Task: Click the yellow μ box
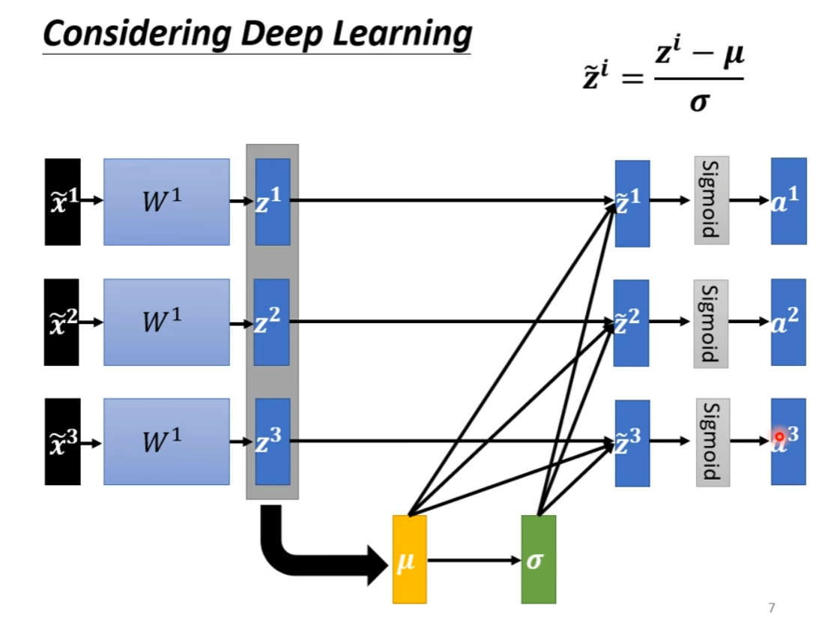(409, 559)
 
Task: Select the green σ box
(538, 559)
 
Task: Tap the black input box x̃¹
(62, 202)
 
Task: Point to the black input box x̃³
(62, 442)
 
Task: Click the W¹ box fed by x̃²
(166, 322)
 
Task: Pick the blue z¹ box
(272, 202)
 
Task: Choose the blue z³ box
(272, 442)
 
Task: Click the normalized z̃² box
(631, 322)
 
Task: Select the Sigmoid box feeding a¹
(711, 200)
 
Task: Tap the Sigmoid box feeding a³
(713, 442)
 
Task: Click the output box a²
(788, 322)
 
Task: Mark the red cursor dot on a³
(779, 436)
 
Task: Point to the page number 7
(771, 607)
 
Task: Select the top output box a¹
(788, 201)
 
